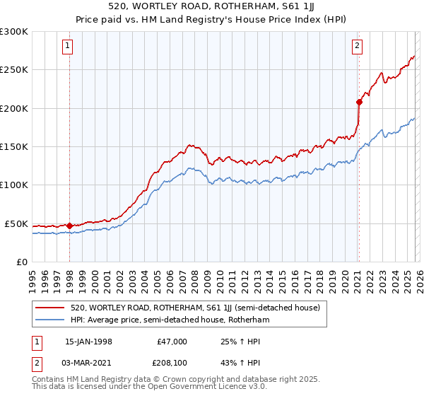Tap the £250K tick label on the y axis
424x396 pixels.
coord(14,70)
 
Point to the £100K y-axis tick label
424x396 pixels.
coord(14,185)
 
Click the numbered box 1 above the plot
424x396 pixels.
coord(68,47)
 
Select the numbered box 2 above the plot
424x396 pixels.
coord(358,47)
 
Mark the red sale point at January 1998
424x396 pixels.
coord(69,226)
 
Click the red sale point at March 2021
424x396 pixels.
coord(359,102)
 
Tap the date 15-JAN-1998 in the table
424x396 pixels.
coord(88,342)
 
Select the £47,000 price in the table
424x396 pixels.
coord(172,342)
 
